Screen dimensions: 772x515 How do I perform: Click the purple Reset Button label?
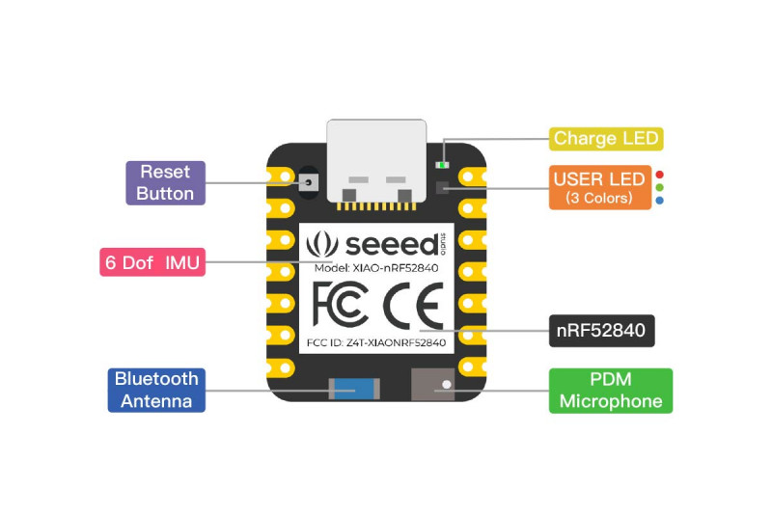pos(165,183)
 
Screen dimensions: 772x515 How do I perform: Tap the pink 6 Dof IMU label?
pos(152,262)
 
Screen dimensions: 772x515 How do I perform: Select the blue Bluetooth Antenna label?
pos(156,390)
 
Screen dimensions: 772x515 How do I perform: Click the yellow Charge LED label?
pos(606,139)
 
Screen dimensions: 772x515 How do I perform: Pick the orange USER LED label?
pos(600,187)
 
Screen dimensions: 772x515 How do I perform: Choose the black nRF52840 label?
pos(601,331)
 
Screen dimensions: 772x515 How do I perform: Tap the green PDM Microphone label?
pos(611,391)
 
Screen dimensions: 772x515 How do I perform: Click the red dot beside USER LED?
pos(660,175)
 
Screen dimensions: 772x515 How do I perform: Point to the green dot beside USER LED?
pos(660,187)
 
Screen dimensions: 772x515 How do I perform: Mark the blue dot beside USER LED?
pos(660,201)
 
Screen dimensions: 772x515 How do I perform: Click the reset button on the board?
pos(308,182)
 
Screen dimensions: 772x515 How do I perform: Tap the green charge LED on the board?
pos(442,165)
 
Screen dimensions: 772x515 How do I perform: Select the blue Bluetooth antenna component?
pos(354,389)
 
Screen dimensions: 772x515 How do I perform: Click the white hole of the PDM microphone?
pos(447,385)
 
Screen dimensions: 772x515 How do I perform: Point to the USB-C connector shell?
pos(376,160)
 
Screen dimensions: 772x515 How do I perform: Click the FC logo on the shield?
pos(341,305)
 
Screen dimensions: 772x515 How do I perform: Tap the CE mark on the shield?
pos(413,306)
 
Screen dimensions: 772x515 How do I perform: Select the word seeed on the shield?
pos(392,244)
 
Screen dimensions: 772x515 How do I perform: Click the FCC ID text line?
pos(376,342)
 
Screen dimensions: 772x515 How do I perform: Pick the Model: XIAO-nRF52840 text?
pos(376,268)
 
